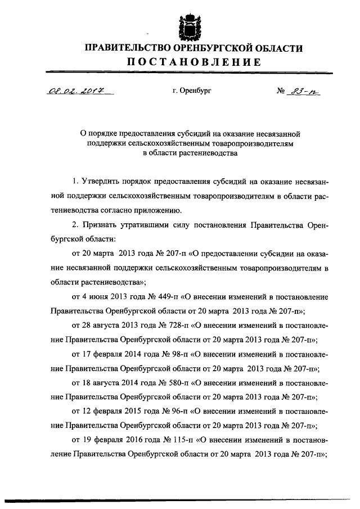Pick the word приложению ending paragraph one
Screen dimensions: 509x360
click(x=157, y=211)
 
